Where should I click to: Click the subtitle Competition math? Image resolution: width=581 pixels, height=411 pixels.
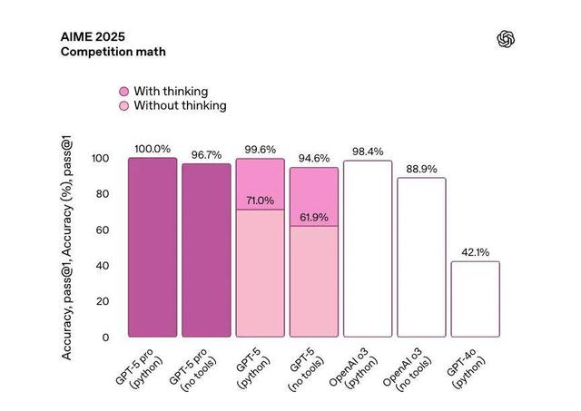[113, 52]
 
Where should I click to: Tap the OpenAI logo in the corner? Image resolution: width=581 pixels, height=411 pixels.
[507, 37]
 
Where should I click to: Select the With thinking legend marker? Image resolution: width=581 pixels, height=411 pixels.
[123, 92]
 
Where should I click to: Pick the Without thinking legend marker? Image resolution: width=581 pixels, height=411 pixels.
[123, 106]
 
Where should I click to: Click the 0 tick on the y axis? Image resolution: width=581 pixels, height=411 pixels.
[104, 338]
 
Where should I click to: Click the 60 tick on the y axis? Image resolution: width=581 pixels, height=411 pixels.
[102, 230]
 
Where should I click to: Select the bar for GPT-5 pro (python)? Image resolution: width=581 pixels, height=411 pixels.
[152, 246]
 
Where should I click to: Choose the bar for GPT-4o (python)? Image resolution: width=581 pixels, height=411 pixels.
[476, 298]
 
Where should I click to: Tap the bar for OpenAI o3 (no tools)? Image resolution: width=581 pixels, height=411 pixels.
[422, 256]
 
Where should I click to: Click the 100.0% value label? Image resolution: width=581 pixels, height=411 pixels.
[152, 149]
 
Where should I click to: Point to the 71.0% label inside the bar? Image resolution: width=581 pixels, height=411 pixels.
[260, 201]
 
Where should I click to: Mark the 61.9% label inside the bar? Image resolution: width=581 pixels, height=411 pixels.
[314, 218]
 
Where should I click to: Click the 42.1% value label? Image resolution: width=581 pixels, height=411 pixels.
[476, 252]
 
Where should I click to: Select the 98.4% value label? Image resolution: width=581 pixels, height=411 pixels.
[368, 152]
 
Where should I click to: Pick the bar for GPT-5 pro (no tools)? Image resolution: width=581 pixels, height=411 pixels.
[206, 250]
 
